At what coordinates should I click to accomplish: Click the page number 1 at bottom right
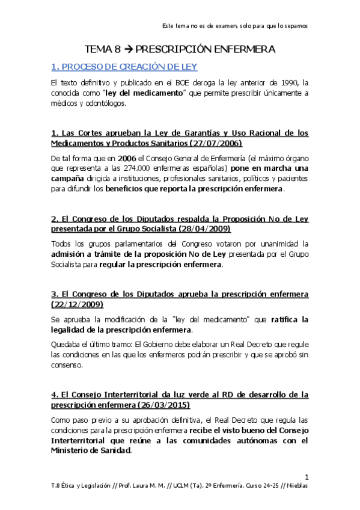tap(306, 475)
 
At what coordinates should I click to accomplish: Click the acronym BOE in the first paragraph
tap(185, 82)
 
